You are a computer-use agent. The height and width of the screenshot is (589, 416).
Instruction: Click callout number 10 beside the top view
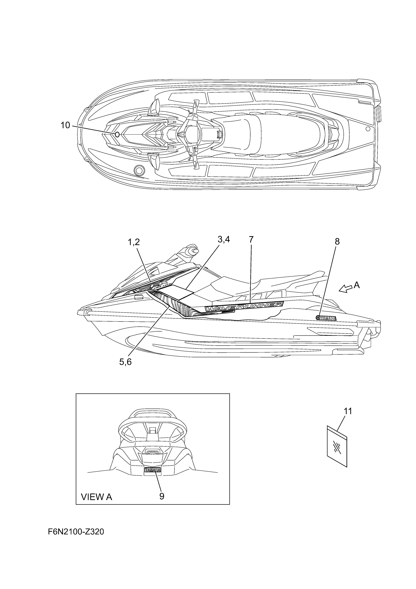coord(65,125)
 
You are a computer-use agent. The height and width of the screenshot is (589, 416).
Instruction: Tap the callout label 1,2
coord(134,242)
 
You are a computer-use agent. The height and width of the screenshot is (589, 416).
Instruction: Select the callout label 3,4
coord(224,239)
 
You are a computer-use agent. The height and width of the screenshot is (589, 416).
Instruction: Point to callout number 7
coord(251,239)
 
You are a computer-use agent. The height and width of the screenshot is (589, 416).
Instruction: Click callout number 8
coord(337,241)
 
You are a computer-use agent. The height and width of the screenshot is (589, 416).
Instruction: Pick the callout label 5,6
coord(125,362)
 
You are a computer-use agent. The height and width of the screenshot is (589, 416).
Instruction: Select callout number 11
coord(348,411)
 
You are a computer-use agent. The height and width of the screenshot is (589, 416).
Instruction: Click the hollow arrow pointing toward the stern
coord(345,289)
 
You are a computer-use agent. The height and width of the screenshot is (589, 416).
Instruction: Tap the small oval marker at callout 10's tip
coord(117,134)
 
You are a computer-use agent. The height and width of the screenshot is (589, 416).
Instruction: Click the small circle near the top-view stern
coord(368,129)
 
